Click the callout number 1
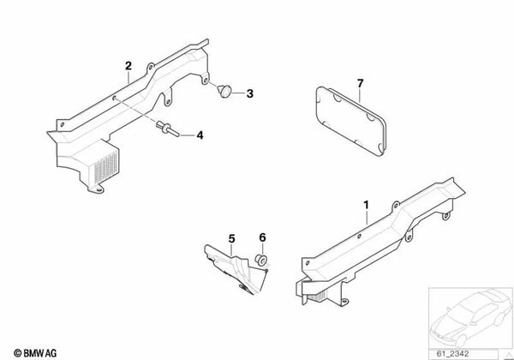366,205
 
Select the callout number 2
128,66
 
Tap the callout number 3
250,93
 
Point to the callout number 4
200,135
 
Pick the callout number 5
232,238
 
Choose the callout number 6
263,237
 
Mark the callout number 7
361,84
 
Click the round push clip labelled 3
224,90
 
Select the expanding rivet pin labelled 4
168,129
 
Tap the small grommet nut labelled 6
261,260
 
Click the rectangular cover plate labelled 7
350,121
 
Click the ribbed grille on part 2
106,166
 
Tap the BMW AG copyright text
35,353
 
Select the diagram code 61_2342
452,354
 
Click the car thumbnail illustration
470,317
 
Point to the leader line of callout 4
188,135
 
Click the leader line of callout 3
239,93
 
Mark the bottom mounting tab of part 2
96,189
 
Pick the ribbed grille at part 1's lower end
317,297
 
